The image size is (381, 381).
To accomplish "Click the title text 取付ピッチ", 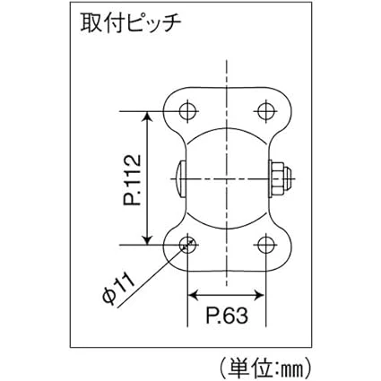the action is tap(131, 23).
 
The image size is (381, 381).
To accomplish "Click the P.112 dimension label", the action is tap(132, 179).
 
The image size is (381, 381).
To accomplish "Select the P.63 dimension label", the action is tap(227, 316).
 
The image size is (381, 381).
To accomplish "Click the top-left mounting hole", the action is tap(188, 111).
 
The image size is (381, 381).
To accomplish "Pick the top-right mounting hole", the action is tap(265, 111).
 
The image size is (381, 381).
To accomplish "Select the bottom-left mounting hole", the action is tap(188, 245).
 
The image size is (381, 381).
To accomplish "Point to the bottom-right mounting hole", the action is tap(265, 245).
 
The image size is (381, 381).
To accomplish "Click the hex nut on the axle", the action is tap(280, 179).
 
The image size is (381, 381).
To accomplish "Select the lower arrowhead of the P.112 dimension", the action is tap(147, 239).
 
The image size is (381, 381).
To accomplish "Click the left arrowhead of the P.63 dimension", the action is tap(193, 295).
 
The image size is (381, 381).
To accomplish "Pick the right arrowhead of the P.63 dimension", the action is tap(260, 295).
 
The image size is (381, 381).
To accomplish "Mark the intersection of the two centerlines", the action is tap(227, 179).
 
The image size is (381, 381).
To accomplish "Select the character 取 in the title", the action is tap(91, 23).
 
